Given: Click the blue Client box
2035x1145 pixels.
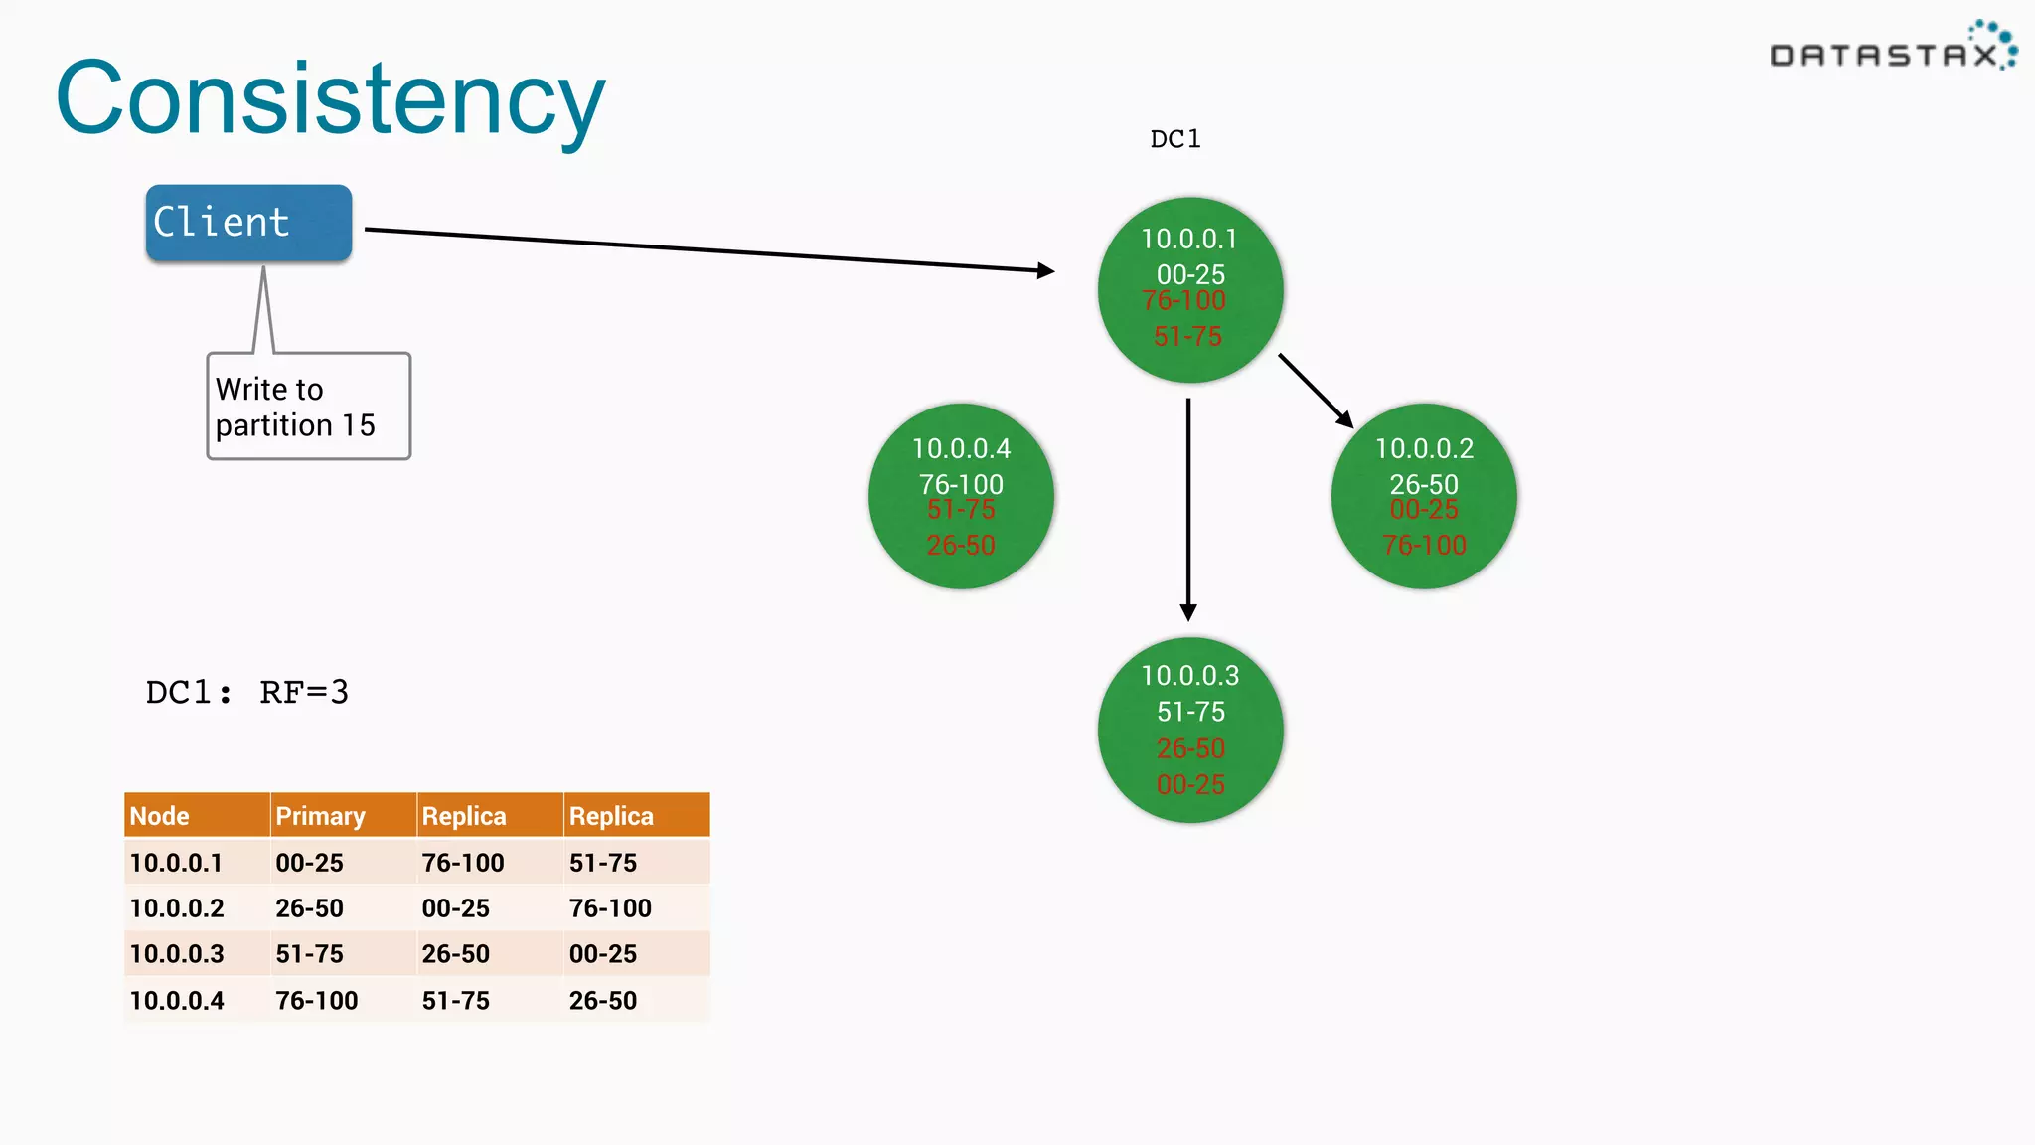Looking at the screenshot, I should (x=248, y=223).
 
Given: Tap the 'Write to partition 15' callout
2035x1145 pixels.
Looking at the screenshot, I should (x=308, y=407).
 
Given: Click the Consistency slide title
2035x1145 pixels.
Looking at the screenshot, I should (x=330, y=99).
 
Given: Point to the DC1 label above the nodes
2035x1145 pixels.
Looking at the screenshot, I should (x=1174, y=139).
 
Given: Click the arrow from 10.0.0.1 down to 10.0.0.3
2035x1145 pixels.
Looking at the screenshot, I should (x=1188, y=507).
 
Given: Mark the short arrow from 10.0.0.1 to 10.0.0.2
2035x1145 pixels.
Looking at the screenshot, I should (x=1315, y=390).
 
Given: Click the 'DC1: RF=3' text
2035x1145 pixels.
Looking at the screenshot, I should (x=246, y=692).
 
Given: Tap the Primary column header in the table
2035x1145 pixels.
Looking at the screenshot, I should (x=320, y=816).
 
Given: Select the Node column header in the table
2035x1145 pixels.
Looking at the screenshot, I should (x=159, y=816).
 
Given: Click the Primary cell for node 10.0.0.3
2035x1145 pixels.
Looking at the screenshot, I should (x=309, y=954).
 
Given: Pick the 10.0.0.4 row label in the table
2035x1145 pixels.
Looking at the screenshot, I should (x=177, y=1001).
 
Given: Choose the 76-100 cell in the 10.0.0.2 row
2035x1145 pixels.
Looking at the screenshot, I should (x=610, y=908).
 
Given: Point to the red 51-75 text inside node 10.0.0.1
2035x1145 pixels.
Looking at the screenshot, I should (x=1187, y=337).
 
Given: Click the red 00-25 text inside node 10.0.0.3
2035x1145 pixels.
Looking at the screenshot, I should (x=1190, y=785).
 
